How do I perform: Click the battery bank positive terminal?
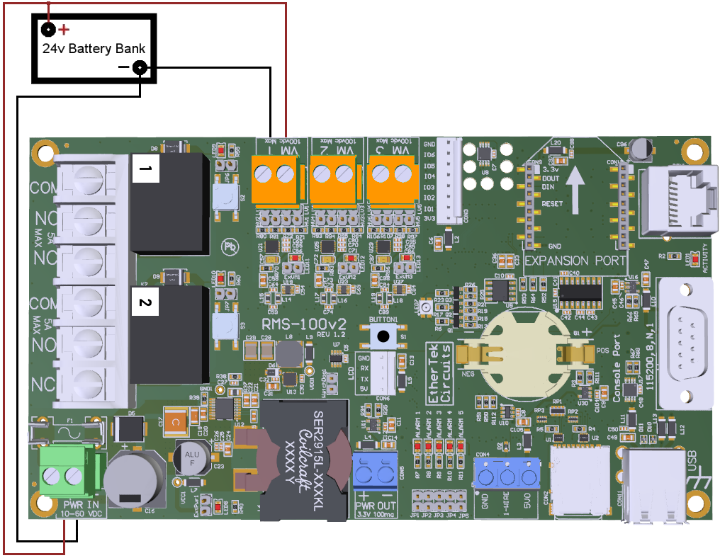pos(48,30)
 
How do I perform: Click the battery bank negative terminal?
pos(140,68)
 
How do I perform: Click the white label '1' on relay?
pos(145,169)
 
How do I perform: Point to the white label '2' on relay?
pos(145,302)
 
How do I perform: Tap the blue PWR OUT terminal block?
pos(376,471)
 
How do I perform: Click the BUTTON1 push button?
pos(383,338)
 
